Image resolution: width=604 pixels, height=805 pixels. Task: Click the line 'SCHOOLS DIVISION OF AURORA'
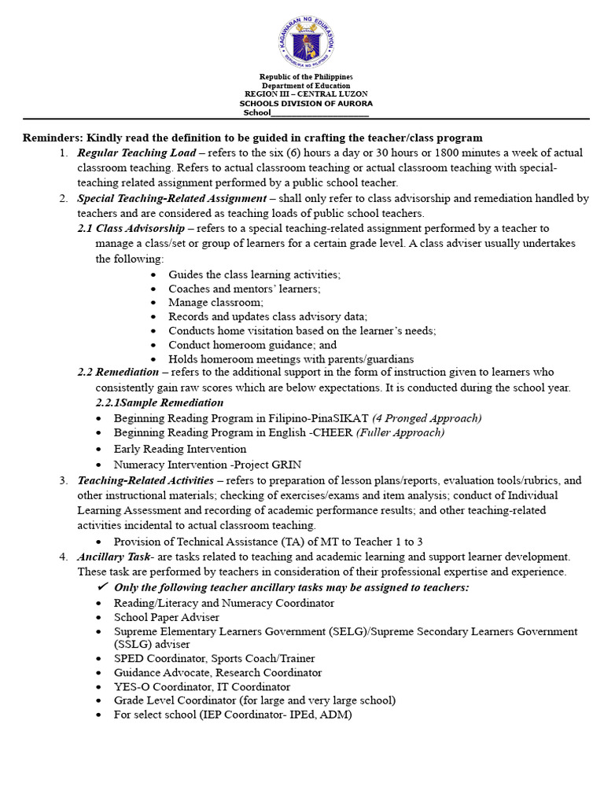(306, 103)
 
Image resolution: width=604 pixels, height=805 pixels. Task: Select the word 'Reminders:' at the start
(53, 138)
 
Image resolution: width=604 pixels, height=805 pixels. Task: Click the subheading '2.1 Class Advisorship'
(131, 228)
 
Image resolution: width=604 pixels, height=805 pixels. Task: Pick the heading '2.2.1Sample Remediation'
(159, 402)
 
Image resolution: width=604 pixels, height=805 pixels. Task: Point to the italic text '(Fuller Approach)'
(400, 432)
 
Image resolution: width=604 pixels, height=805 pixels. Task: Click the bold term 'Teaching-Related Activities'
(145, 480)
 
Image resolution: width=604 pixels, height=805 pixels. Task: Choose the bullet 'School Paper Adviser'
(166, 617)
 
